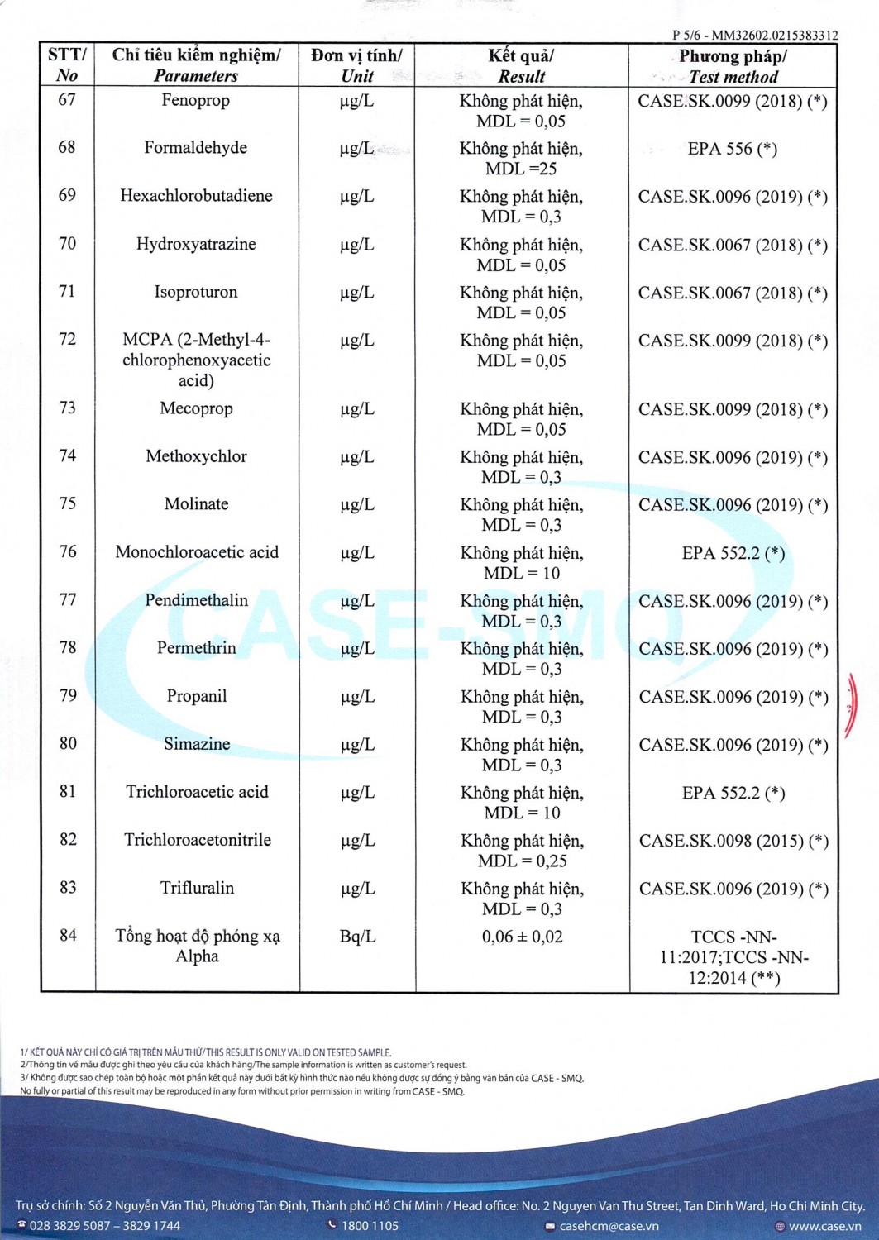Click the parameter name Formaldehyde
[x=195, y=148]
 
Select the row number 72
[x=67, y=339]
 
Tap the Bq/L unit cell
[x=357, y=937]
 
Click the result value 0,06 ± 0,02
[x=522, y=937]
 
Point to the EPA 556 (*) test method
[x=732, y=149]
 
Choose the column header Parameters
[x=195, y=76]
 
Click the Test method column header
[x=733, y=77]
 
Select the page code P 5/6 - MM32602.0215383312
[x=754, y=36]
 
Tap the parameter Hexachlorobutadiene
[x=196, y=196]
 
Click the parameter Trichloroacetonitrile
[x=197, y=840]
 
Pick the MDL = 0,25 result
[x=522, y=861]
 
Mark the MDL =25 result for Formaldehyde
[x=521, y=169]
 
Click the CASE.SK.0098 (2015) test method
[x=733, y=841]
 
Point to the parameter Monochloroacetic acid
[x=197, y=552]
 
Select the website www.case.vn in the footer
[x=824, y=1226]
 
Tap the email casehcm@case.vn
[x=609, y=1226]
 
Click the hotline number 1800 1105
[x=369, y=1226]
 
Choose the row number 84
[x=67, y=935]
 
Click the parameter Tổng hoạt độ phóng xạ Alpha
[x=197, y=946]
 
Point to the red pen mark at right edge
[x=852, y=704]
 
